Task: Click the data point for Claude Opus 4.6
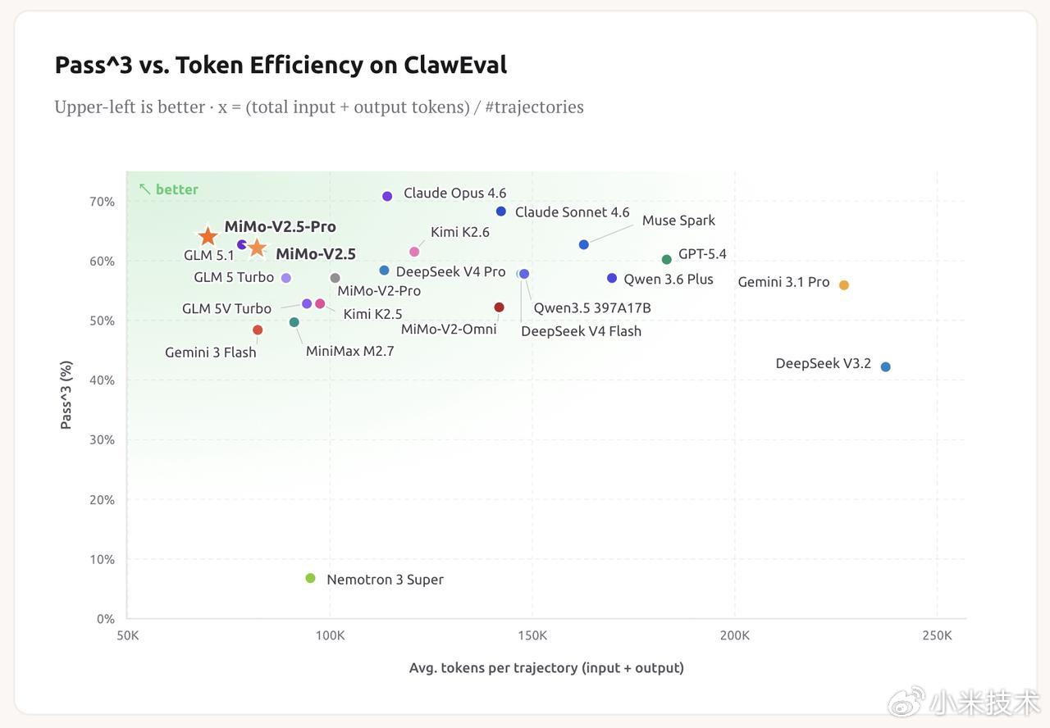(387, 196)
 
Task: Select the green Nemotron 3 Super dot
(310, 578)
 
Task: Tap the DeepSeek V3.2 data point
(885, 366)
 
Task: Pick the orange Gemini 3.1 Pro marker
(843, 285)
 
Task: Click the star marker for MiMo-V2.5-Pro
(208, 236)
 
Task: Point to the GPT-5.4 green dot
(666, 259)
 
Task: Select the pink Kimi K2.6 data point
(414, 252)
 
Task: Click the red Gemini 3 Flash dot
(258, 330)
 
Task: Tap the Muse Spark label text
(678, 221)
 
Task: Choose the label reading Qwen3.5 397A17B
(591, 308)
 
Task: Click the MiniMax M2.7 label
(349, 352)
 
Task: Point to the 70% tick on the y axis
(103, 202)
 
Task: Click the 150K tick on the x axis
(532, 635)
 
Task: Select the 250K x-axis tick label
(937, 635)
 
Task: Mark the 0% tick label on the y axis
(106, 619)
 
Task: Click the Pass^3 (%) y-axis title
(66, 394)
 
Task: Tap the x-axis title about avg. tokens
(546, 667)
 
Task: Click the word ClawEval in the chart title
(455, 65)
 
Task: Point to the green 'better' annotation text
(176, 189)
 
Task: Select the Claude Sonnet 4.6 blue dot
(500, 212)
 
